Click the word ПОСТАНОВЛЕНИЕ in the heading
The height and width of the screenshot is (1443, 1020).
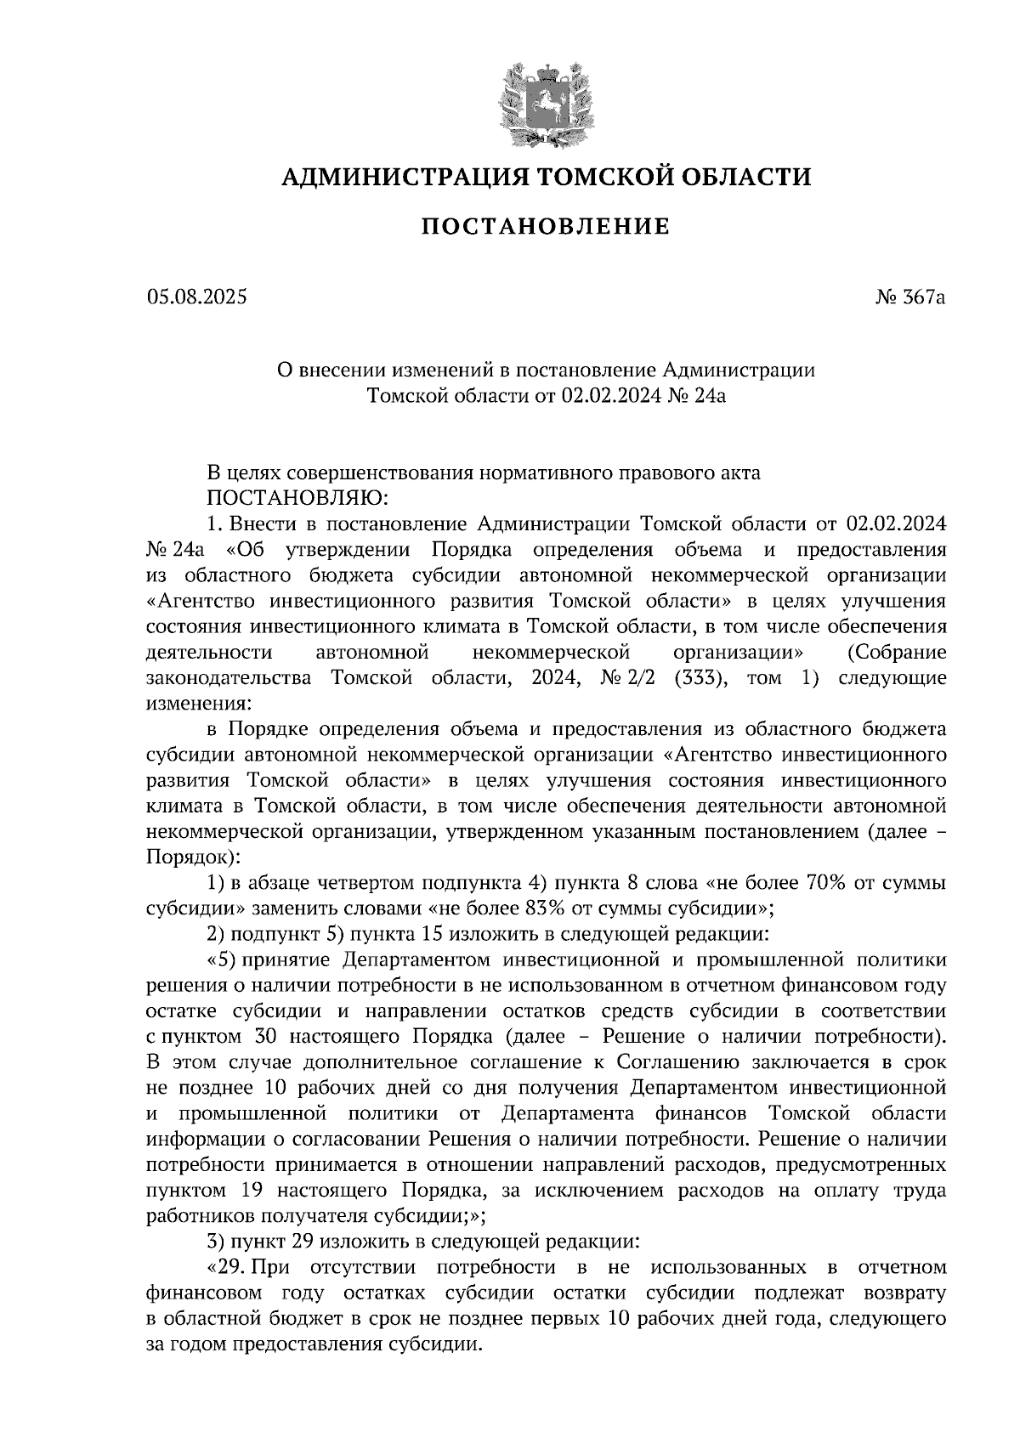click(x=546, y=226)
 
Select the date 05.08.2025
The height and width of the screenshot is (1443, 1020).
click(x=196, y=297)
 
